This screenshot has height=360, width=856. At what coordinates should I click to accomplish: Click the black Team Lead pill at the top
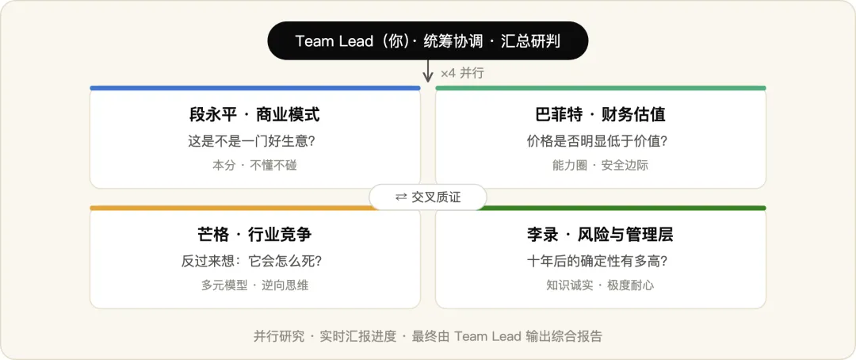[427, 41]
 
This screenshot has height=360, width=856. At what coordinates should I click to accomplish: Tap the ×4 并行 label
[462, 73]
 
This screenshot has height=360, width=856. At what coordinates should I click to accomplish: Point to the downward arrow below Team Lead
[428, 71]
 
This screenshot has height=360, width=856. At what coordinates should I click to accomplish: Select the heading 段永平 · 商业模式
[255, 115]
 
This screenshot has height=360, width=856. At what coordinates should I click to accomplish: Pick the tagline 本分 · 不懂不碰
[254, 165]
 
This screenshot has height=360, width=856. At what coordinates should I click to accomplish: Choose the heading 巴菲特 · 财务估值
[601, 115]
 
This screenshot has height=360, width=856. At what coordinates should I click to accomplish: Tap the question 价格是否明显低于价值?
[601, 141]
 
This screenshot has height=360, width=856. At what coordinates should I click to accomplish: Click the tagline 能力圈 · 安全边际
[601, 165]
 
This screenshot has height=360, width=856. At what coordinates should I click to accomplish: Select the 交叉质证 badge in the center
[427, 197]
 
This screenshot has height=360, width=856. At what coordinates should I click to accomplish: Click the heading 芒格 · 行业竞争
[254, 235]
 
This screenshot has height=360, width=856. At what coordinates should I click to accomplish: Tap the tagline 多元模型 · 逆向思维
[254, 285]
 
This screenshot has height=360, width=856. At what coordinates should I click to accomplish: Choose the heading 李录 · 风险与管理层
[601, 235]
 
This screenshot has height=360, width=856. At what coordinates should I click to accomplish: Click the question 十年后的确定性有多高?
[601, 261]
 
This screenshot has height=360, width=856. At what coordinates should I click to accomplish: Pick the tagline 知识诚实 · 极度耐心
[601, 285]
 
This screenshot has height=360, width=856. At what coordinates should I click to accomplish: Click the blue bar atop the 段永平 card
[255, 88]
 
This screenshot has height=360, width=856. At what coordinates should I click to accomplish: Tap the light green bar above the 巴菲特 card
[601, 88]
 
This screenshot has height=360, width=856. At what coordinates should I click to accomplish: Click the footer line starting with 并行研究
[428, 336]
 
